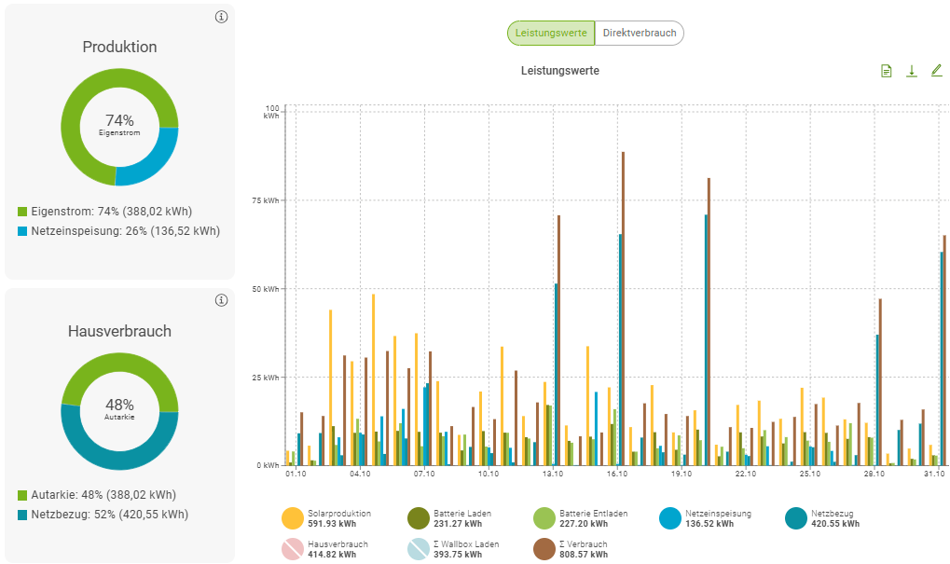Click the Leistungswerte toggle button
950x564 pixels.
click(x=551, y=34)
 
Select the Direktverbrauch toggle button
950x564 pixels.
click(x=639, y=34)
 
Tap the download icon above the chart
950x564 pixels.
click(x=912, y=71)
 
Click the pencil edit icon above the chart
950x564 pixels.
click(x=937, y=71)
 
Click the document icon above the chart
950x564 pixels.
click(x=887, y=71)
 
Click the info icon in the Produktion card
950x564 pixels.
click(x=221, y=17)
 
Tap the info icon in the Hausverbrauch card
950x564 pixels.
click(x=221, y=300)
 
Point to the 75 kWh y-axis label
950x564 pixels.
click(x=268, y=200)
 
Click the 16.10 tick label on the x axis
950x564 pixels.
click(x=616, y=475)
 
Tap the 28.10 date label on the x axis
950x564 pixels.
click(x=874, y=475)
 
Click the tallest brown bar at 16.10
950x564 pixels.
click(x=623, y=308)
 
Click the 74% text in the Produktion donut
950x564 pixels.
click(x=119, y=120)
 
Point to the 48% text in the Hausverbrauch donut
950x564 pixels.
click(x=119, y=405)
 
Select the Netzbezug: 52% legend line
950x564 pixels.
click(x=109, y=515)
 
